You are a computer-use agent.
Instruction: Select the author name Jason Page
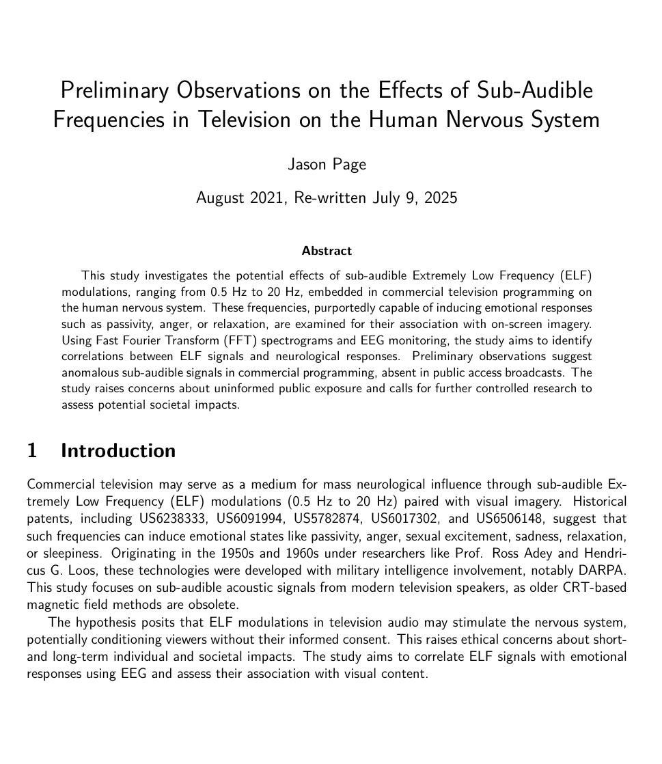(x=327, y=165)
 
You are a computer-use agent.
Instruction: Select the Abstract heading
(x=327, y=251)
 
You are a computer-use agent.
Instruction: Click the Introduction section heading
(x=118, y=451)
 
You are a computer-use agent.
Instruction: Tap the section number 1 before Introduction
(x=32, y=451)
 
